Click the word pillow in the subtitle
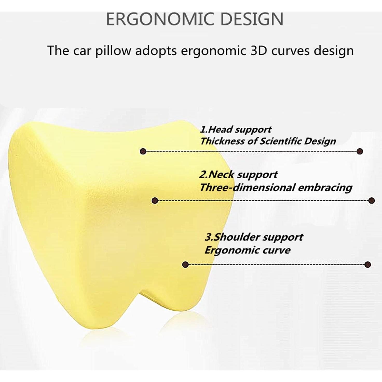[113, 51]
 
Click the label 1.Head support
[236, 129]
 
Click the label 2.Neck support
[238, 175]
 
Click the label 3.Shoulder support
[254, 237]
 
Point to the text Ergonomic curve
[247, 250]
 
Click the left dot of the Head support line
[142, 151]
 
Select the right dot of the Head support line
[360, 151]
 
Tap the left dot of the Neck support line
[155, 201]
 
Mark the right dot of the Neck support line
[372, 201]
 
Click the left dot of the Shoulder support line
[185, 265]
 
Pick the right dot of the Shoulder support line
[367, 265]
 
